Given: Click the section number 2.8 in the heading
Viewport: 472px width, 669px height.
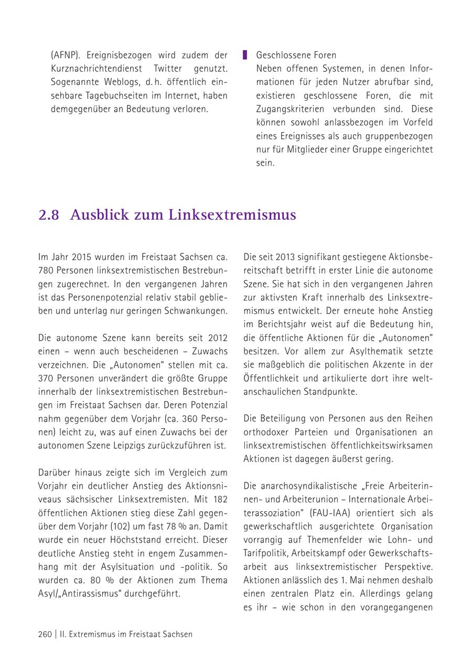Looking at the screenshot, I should (x=49, y=215).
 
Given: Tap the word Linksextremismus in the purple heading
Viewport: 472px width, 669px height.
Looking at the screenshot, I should (x=232, y=215).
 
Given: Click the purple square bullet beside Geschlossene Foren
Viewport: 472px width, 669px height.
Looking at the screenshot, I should (x=245, y=55).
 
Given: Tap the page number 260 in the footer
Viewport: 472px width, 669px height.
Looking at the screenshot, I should (x=45, y=634).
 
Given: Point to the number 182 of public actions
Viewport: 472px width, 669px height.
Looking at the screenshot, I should (x=220, y=499).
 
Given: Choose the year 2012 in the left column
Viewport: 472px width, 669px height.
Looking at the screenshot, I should (x=218, y=338).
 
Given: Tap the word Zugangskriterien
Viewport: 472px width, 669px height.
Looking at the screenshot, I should (x=288, y=109).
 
